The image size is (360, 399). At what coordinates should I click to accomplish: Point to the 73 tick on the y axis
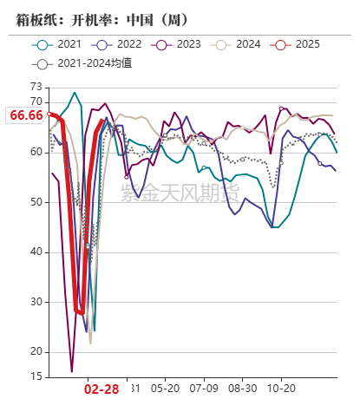pyautogui.click(x=36, y=87)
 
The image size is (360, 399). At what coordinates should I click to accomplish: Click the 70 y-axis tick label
pyautogui.click(x=36, y=101)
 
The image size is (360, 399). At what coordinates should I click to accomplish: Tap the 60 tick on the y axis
pyautogui.click(x=36, y=152)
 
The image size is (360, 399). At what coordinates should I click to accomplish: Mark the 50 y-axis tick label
pyautogui.click(x=36, y=202)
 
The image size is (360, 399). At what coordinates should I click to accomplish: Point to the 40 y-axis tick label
pyautogui.click(x=36, y=252)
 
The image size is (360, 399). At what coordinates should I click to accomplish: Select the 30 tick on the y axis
pyautogui.click(x=36, y=302)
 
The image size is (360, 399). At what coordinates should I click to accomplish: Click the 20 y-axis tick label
pyautogui.click(x=36, y=351)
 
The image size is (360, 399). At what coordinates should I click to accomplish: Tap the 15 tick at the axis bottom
pyautogui.click(x=36, y=376)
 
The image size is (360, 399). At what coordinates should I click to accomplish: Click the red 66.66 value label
pyautogui.click(x=25, y=114)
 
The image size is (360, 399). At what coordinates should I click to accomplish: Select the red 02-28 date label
pyautogui.click(x=101, y=389)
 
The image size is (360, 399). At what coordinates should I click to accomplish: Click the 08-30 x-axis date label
pyautogui.click(x=241, y=388)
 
